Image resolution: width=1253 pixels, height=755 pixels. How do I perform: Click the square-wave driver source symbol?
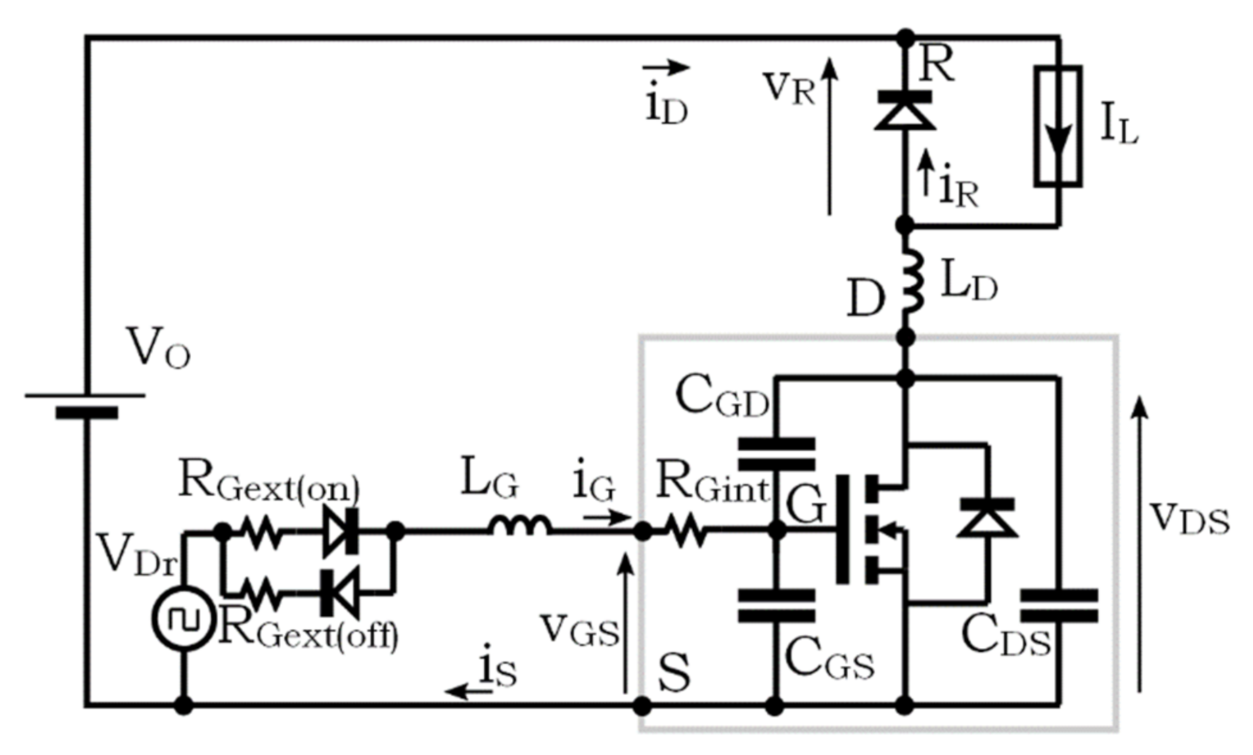pos(183,618)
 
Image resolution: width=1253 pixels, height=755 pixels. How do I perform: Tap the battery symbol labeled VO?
pos(85,404)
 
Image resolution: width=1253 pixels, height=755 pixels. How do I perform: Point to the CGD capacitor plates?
pos(777,454)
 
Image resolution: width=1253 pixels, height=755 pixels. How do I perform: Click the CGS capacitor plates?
pos(777,605)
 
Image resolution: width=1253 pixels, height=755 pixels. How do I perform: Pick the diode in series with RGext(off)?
pos(340,593)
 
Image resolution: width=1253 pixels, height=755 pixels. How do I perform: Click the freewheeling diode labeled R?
pos(905,110)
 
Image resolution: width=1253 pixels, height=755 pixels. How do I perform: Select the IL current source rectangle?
pos(1058,126)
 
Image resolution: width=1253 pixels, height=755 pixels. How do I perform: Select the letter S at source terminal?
pos(674,673)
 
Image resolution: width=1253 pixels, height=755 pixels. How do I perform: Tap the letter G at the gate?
pos(806,505)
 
